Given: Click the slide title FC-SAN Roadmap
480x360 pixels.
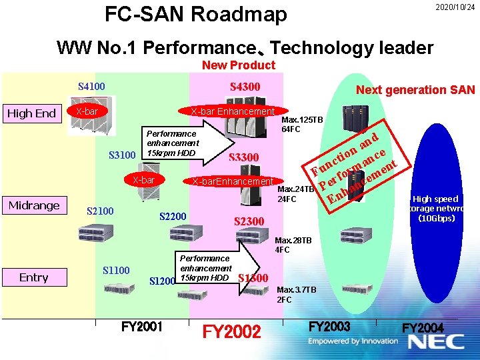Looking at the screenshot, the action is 196,14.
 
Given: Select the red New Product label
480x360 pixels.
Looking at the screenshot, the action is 238,65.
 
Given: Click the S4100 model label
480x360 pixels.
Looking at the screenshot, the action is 91,86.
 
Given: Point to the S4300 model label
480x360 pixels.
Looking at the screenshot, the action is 245,87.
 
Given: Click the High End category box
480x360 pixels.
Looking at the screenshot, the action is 32,113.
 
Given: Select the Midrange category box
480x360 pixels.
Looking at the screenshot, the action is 34,205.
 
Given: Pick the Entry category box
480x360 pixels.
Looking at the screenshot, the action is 34,277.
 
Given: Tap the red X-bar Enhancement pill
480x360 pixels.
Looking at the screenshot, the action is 232,111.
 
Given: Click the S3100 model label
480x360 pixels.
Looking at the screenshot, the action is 123,156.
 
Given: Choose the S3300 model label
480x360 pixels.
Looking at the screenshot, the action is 243,157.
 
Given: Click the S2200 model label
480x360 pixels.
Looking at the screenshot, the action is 173,216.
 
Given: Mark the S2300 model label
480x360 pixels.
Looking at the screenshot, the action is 249,221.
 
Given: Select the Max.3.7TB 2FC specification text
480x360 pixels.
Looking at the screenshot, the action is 296,295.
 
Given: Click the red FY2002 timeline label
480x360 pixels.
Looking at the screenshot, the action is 232,331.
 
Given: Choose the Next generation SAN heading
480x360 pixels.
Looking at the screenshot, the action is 415,90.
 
